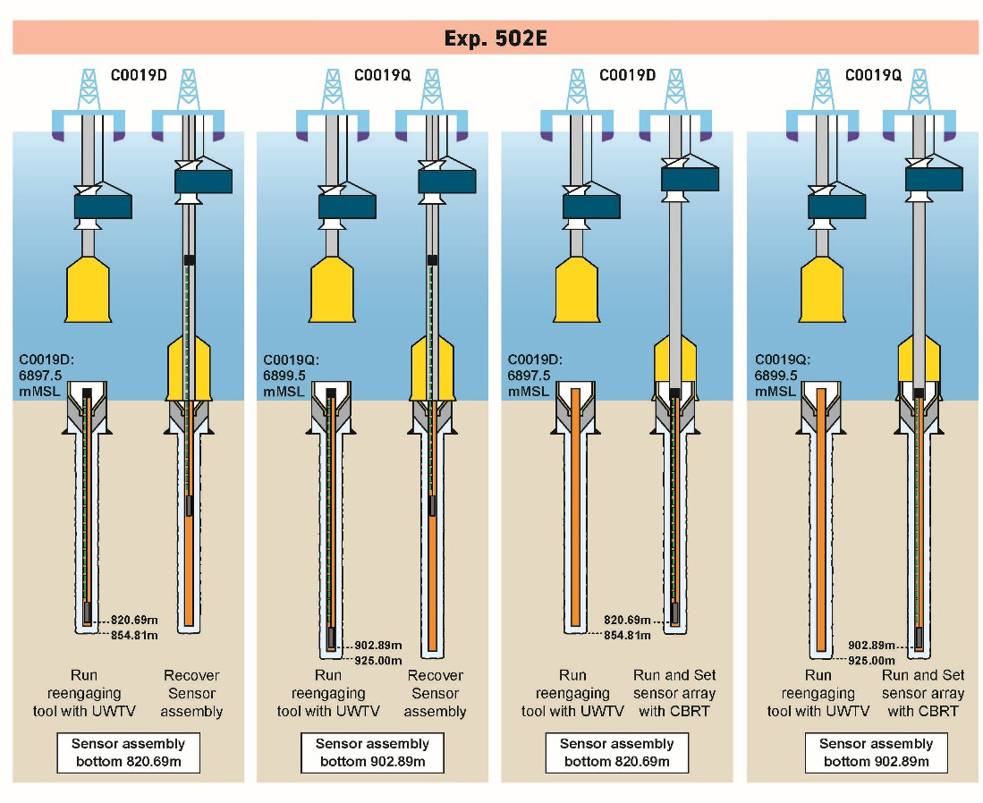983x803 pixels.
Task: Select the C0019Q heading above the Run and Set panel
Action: [872, 76]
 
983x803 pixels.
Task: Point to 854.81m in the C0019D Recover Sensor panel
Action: [136, 636]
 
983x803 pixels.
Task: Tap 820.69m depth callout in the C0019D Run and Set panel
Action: [627, 619]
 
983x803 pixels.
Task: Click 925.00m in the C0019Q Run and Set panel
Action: [871, 660]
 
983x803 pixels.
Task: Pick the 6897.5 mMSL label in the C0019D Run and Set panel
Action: [531, 376]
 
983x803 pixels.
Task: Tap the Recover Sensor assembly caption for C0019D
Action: [191, 693]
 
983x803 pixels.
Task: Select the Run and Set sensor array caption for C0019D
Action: [674, 693]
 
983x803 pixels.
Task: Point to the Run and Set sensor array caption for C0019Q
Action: [923, 693]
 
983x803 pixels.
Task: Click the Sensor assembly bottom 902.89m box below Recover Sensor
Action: [372, 753]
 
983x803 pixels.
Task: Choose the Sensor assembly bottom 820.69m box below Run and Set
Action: [616, 753]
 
